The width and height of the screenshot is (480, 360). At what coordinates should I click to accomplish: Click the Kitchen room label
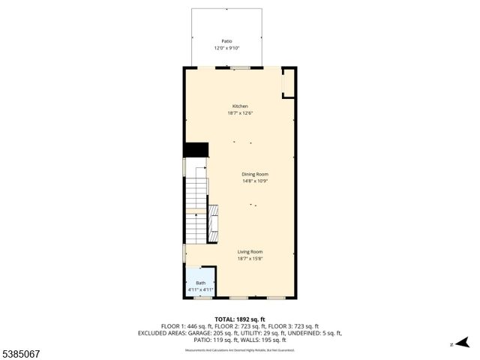(240, 106)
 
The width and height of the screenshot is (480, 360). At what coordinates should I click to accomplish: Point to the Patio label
(226, 41)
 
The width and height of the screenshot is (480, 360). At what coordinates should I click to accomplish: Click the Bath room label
(200, 283)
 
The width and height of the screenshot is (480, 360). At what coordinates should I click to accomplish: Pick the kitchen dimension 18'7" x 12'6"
(240, 113)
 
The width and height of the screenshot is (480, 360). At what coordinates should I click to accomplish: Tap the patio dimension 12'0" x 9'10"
(226, 48)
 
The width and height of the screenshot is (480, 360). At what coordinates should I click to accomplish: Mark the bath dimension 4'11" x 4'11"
(200, 289)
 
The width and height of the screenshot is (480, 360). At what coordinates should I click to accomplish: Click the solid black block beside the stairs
(196, 150)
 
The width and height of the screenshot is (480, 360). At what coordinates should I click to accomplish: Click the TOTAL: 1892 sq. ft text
(239, 319)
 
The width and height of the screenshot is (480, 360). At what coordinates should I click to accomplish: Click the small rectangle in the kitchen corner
(288, 85)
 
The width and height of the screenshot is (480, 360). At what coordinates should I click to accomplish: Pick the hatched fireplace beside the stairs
(212, 221)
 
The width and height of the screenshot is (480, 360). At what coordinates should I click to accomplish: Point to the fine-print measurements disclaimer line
(239, 348)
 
